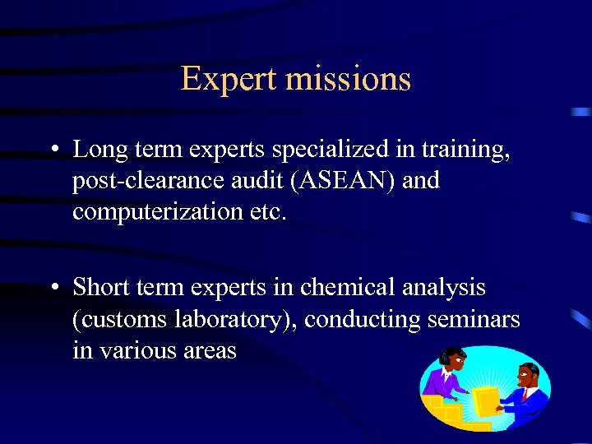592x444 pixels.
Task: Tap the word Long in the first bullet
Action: [99, 150]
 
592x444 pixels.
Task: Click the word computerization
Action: [155, 211]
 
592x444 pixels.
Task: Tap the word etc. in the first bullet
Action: [268, 211]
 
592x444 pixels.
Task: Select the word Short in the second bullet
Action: [101, 288]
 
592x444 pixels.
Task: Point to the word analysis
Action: [444, 289]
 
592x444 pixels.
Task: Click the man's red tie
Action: [524, 395]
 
